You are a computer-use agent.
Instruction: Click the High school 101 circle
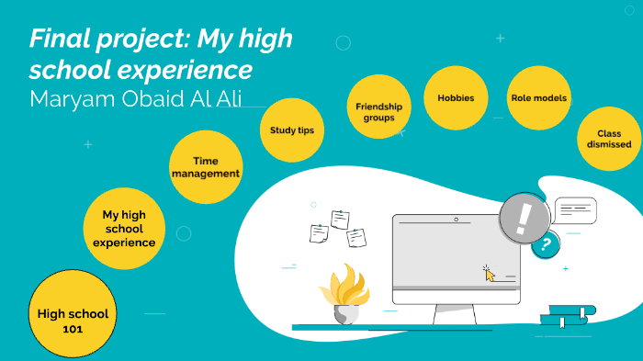[73, 319]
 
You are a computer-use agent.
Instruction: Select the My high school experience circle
[124, 229]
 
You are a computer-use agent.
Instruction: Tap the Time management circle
[206, 167]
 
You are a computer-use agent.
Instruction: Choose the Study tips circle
[291, 130]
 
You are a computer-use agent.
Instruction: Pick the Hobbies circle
[456, 97]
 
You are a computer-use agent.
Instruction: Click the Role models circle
[539, 97]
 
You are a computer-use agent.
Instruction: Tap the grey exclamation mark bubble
[525, 219]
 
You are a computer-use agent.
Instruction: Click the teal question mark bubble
[547, 244]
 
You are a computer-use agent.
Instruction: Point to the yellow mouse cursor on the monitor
[490, 273]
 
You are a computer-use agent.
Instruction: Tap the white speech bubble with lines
[576, 209]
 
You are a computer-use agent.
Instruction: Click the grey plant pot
[346, 313]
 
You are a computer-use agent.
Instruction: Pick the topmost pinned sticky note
[341, 219]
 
